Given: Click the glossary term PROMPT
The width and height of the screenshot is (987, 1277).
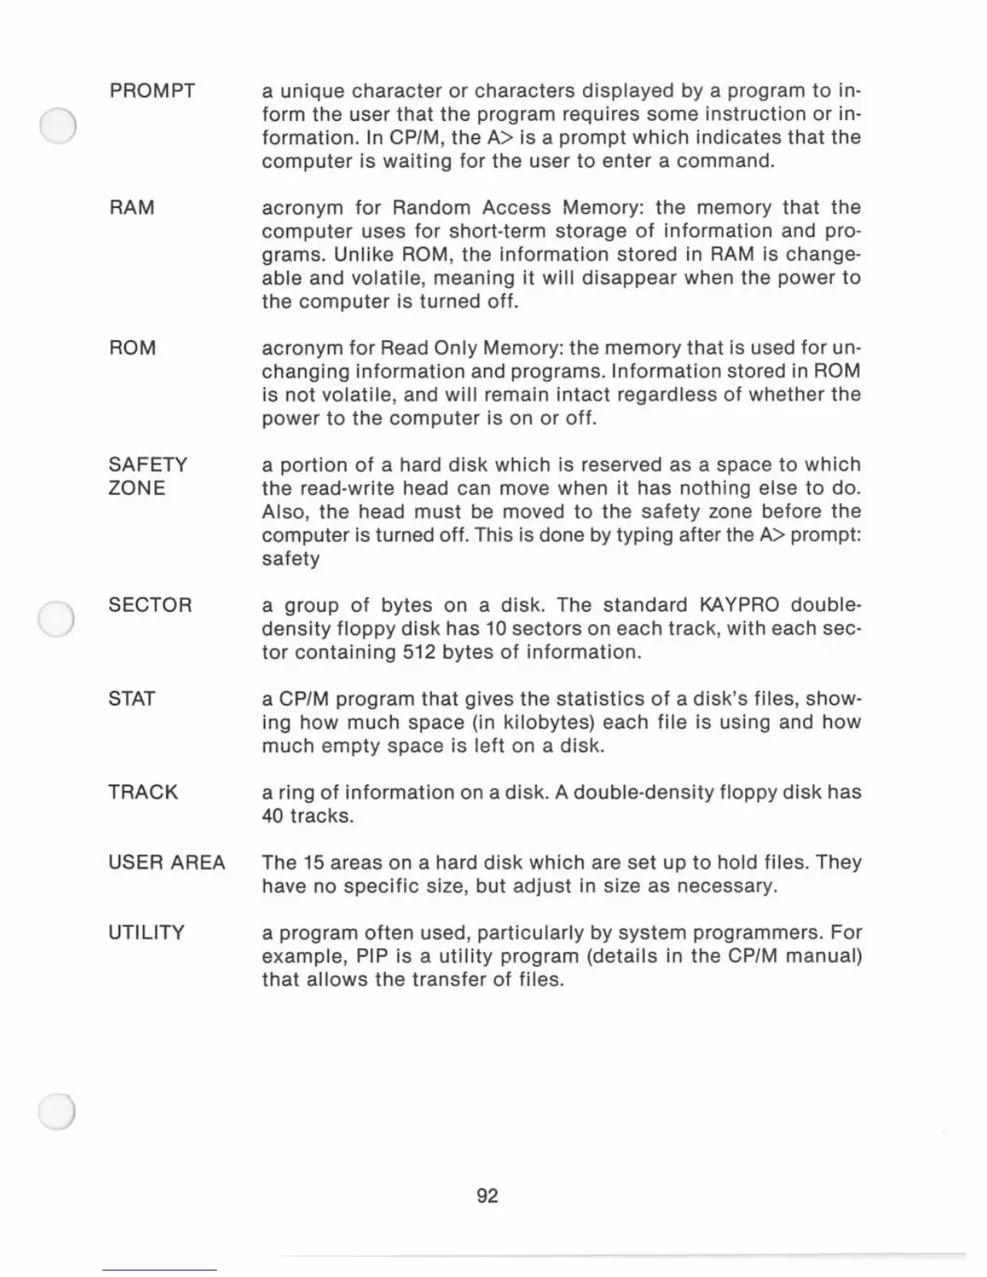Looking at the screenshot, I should click(152, 90).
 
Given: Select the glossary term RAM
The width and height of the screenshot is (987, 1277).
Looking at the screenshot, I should click(131, 208).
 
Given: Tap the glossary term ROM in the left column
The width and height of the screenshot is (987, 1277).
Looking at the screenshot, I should click(132, 348).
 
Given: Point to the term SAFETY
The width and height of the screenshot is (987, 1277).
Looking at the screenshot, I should click(148, 465).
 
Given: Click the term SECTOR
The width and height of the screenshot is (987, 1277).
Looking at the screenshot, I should click(150, 605).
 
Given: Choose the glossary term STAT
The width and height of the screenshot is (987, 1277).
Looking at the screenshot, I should click(131, 699).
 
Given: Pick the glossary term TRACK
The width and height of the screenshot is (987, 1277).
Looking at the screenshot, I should click(143, 792).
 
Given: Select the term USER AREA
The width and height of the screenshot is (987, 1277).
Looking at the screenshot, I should click(166, 863).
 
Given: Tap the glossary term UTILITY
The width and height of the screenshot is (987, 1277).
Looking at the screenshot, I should click(146, 933).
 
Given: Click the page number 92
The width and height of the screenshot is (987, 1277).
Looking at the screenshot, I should click(488, 1196).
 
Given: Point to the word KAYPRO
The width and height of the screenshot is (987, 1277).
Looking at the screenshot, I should click(739, 605).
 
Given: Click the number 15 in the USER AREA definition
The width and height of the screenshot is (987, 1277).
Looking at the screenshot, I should click(314, 863).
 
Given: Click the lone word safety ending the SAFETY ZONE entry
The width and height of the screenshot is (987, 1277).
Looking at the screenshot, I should click(290, 559).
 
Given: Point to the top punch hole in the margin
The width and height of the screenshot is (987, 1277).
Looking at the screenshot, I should click(57, 126).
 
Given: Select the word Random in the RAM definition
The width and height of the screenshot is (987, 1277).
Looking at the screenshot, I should click(431, 208).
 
